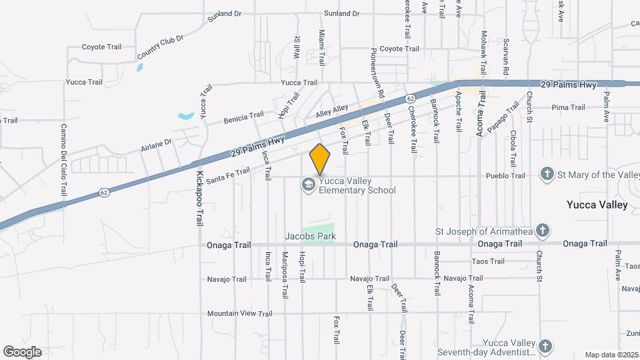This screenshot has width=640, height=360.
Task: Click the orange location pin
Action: [320, 159]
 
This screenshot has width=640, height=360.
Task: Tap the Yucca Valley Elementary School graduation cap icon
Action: [308, 185]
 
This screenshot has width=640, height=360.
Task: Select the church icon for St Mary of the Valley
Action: [547, 175]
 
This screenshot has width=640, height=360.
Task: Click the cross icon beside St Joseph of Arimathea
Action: [543, 231]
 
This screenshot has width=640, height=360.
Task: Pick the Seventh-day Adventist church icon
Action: [545, 346]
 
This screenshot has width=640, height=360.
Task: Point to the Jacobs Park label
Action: [310, 236]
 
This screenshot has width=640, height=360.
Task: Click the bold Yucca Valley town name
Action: [597, 205]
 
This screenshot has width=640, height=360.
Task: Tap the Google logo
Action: [22, 352]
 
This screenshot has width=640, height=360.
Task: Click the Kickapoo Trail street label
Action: [199, 199]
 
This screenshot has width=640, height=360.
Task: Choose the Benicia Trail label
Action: [244, 117]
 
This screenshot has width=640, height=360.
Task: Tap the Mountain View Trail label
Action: [239, 313]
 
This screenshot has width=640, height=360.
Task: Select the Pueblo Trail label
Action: [510, 176]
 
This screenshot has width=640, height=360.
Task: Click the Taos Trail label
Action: [488, 261]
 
